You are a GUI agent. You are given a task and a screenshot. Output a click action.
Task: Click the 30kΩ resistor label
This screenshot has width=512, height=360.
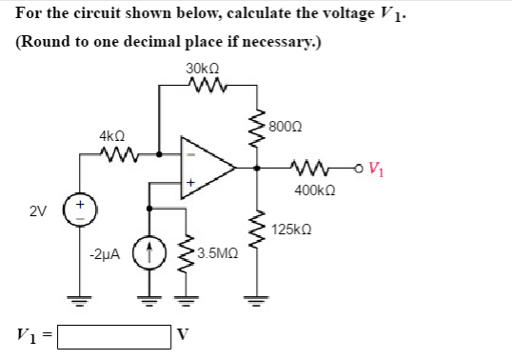pyautogui.click(x=204, y=69)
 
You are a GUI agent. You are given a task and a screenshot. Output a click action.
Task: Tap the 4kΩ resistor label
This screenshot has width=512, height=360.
pyautogui.click(x=109, y=135)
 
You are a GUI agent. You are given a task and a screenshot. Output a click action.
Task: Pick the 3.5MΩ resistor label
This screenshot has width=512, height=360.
pyautogui.click(x=218, y=255)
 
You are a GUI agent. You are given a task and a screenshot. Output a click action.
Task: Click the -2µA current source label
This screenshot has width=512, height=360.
pyautogui.click(x=103, y=255)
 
